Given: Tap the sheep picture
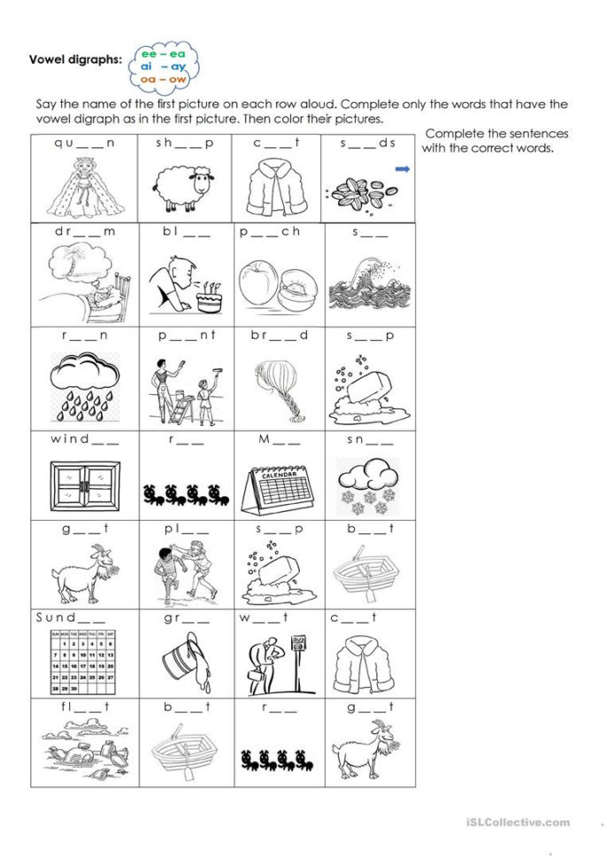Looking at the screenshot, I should tap(185, 189).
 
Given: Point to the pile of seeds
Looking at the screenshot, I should tap(359, 189).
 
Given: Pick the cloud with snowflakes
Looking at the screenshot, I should tap(365, 484).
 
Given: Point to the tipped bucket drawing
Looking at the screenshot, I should tap(181, 662).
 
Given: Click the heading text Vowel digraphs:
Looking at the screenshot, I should tap(76, 59).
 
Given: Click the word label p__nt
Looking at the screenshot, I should tap(186, 335).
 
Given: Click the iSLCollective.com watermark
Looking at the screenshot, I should tap(518, 823).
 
